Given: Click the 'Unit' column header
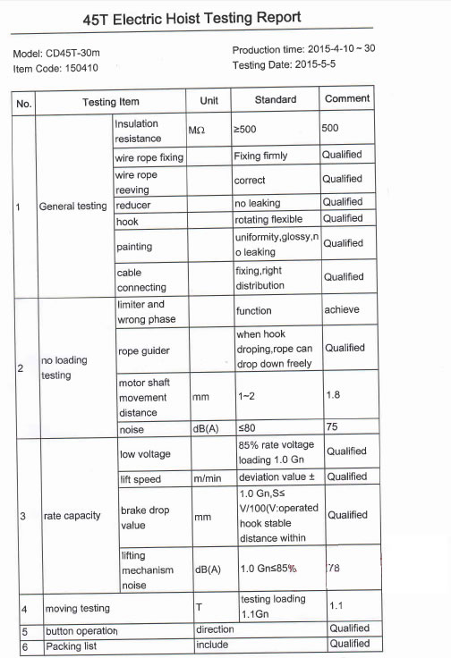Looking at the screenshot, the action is (208, 101).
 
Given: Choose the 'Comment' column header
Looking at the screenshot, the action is (347, 99).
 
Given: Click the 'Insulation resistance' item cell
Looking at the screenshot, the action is (137, 131).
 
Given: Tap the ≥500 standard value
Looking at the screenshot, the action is (244, 130).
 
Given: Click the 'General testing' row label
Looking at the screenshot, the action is (72, 207).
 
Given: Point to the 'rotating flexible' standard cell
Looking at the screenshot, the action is (268, 219).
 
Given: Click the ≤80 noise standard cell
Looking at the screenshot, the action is (243, 428).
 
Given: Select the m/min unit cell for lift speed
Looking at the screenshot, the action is (208, 479).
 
